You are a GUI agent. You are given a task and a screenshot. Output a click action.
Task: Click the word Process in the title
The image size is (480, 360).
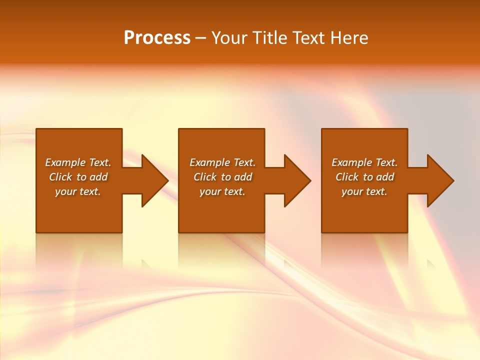pos(157,38)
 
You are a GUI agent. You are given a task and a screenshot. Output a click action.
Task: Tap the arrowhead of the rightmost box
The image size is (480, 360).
pos(439,180)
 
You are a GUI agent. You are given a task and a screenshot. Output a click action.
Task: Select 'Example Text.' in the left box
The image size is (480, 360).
pos(78,162)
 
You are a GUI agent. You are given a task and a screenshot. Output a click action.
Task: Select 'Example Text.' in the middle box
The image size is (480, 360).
pos(222,162)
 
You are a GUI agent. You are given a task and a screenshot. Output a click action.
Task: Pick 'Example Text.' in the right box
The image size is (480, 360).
pos(364,162)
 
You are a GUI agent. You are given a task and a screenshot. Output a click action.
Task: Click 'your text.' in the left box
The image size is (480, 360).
pos(78,191)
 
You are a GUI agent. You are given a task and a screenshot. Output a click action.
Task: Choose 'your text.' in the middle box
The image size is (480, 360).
pos(222,191)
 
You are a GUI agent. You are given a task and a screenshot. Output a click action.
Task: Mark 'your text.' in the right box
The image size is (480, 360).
pos(364,191)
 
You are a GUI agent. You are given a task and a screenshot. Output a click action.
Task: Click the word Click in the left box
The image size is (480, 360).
pos(60,177)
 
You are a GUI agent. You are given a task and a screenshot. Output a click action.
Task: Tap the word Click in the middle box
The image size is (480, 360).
pos(205,177)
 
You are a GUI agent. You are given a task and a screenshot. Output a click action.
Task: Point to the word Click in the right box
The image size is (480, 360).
pos(347,177)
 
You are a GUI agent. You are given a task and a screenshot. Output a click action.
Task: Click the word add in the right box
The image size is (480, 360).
pos(384,177)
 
